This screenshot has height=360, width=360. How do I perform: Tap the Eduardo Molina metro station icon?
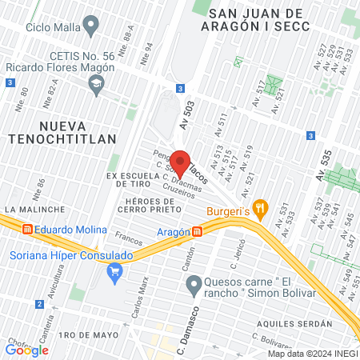point(28,230)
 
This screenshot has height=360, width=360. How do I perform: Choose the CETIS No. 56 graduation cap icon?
point(97,84)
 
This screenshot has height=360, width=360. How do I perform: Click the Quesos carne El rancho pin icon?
point(193,284)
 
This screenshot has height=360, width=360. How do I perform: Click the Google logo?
point(26,350)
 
